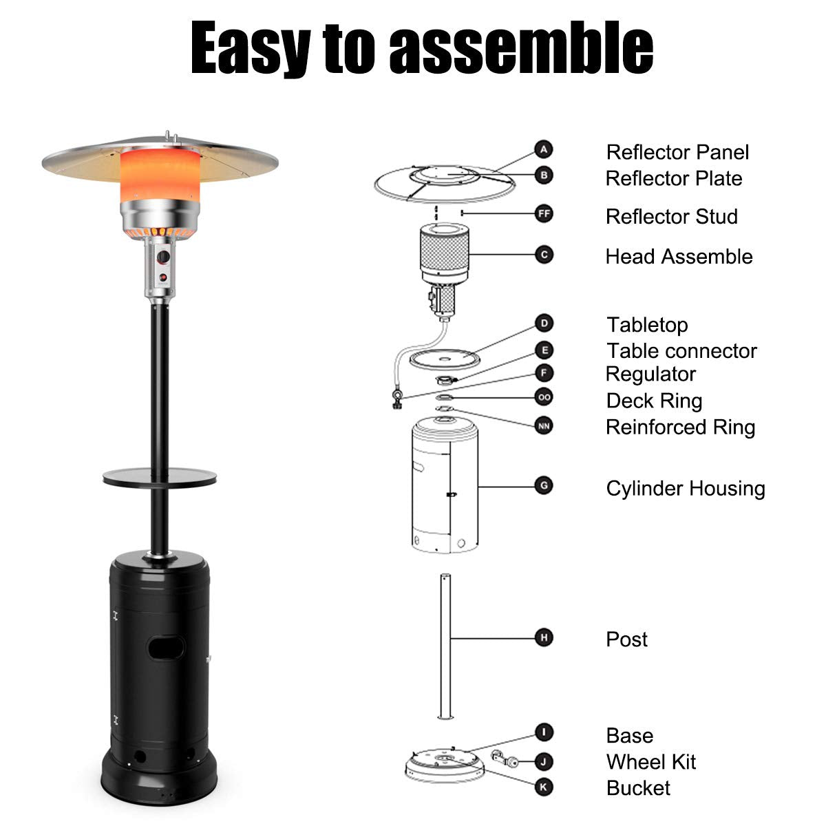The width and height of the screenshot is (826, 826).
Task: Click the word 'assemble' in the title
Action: click(521, 47)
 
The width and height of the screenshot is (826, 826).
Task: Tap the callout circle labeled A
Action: click(544, 149)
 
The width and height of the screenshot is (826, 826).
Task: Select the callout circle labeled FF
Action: click(544, 213)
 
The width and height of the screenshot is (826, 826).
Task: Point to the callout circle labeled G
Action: click(544, 486)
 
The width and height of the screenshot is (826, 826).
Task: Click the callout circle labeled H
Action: click(544, 637)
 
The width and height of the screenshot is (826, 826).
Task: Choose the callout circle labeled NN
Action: click(544, 425)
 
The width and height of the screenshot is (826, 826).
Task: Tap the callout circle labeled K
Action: click(544, 787)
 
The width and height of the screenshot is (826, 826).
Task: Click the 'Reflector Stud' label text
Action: click(672, 216)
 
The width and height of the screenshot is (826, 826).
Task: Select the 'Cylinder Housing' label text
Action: click(686, 489)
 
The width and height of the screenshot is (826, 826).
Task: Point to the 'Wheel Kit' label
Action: click(651, 762)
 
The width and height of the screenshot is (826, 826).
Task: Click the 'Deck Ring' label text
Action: click(654, 401)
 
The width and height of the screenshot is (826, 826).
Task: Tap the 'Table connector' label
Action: click(681, 351)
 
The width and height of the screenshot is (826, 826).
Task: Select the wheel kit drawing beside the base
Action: click(505, 759)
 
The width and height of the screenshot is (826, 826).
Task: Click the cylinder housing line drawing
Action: click(445, 485)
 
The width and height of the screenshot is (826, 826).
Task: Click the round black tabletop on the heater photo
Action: click(160, 477)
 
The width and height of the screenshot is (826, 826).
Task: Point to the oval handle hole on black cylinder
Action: click(167, 648)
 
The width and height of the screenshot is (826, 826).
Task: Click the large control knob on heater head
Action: click(163, 257)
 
